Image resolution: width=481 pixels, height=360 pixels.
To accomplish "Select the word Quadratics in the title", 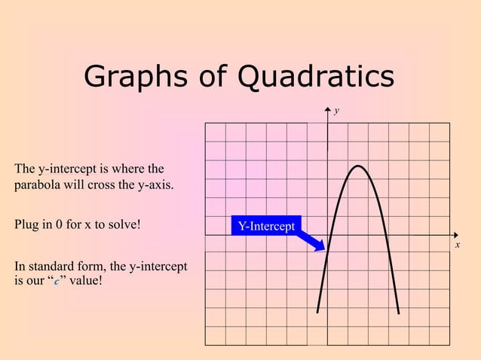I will pos(315,76).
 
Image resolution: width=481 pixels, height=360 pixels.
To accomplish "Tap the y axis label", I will pos(337,111).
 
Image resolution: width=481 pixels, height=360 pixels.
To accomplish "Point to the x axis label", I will pos(457,245).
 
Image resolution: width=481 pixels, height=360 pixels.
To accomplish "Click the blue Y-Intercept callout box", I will pos(266,226).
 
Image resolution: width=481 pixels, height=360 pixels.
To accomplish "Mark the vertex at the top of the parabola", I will pos(360,166).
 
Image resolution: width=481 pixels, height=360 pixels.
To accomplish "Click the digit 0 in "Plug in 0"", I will pos(61,225).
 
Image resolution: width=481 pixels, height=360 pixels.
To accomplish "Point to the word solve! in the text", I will pos(123,225).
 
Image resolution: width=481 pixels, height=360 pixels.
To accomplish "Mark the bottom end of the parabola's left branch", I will pos(317,312).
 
